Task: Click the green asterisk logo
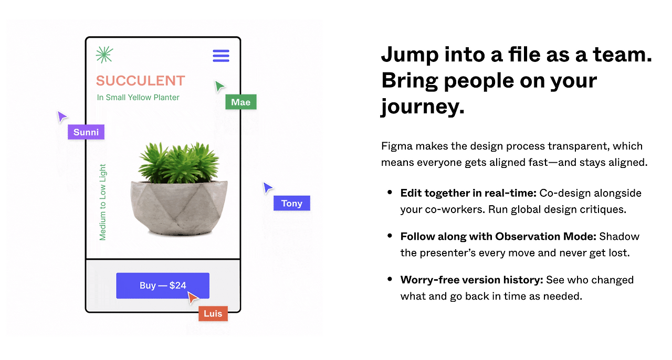click(x=104, y=55)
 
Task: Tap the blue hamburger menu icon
click(x=221, y=56)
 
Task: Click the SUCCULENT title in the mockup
click(x=140, y=81)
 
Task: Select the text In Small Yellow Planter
click(x=138, y=98)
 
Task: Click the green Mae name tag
click(x=241, y=102)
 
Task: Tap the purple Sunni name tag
click(x=86, y=132)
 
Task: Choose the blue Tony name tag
click(x=291, y=203)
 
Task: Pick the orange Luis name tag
click(x=213, y=313)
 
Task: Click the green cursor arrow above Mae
click(x=219, y=86)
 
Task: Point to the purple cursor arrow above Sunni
click(x=61, y=117)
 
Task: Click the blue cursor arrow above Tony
click(x=267, y=188)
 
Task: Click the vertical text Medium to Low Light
click(x=102, y=202)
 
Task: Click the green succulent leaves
click(x=179, y=162)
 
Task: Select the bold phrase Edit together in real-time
click(x=468, y=193)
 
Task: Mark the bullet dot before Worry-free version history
click(x=390, y=279)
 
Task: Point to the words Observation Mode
click(x=545, y=236)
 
